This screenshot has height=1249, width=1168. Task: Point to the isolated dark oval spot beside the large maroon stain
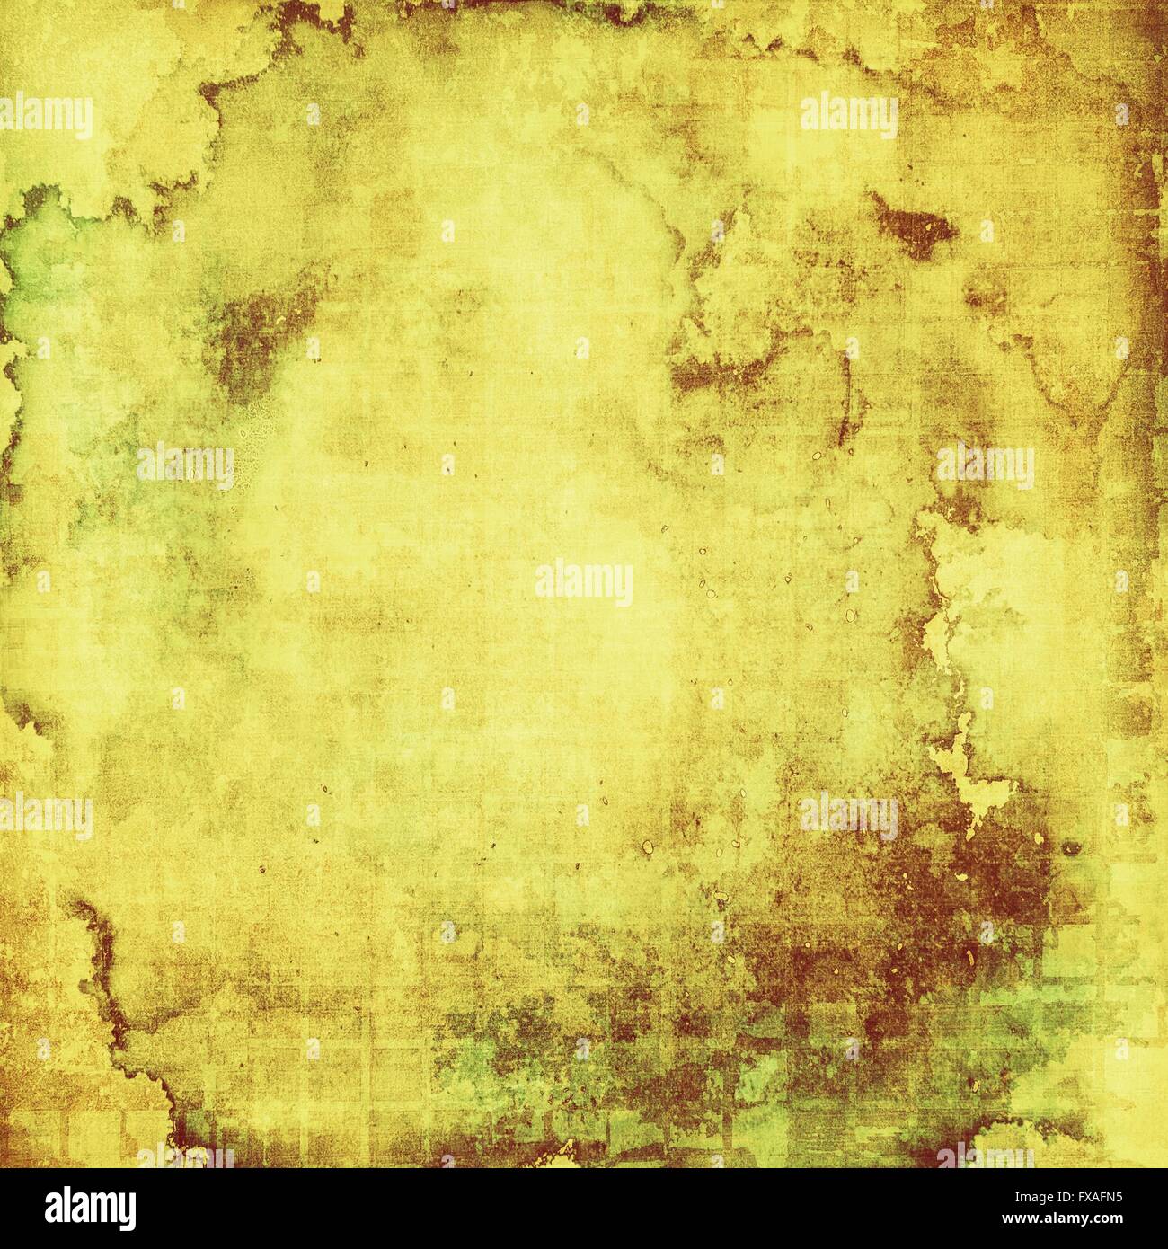(1071, 848)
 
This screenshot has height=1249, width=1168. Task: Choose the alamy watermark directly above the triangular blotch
(848, 117)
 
